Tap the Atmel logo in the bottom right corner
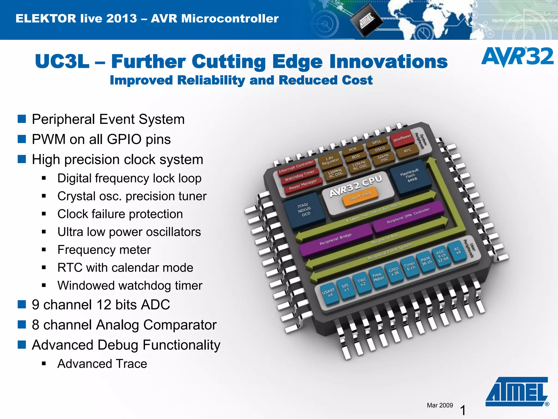517,392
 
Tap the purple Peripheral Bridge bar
335,239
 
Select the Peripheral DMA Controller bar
408,216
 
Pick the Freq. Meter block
378,277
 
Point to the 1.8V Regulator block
330,161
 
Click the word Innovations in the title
388,62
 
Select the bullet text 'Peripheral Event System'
108,119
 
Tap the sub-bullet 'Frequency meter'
104,250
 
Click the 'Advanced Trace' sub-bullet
102,364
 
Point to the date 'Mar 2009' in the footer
440,405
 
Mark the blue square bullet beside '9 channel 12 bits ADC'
22,304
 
